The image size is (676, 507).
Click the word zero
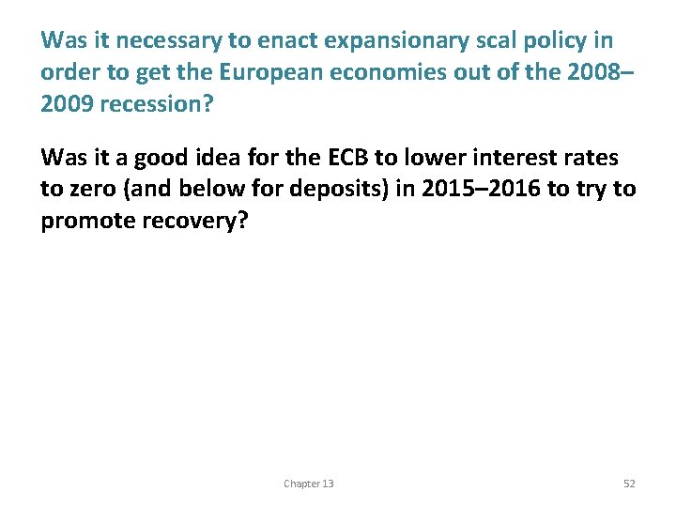(x=90, y=189)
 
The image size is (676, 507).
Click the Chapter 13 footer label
(x=308, y=484)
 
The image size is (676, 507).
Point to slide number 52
(x=629, y=484)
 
